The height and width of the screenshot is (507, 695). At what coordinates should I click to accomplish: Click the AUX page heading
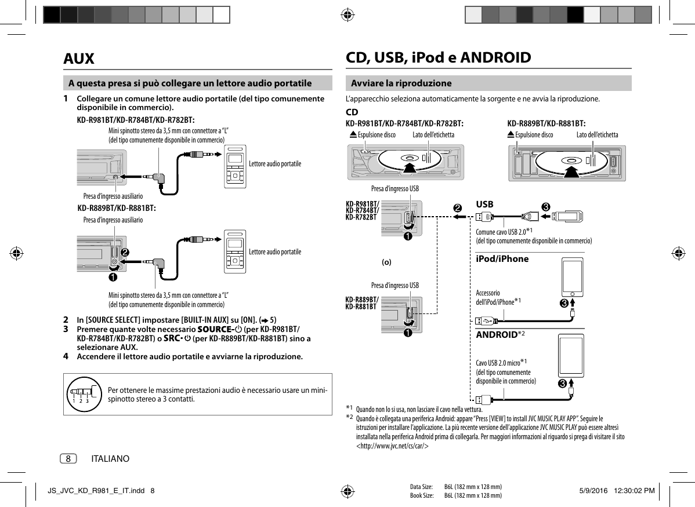coord(79,59)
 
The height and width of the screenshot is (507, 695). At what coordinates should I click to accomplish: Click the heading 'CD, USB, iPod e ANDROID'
coord(438,58)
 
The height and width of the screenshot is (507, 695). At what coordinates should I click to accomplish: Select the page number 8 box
coord(68,459)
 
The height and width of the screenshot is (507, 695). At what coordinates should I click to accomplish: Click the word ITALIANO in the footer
coord(110,459)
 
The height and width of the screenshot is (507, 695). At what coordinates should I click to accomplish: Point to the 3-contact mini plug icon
coord(81,392)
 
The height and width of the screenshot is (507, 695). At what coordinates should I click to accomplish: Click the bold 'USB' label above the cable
coord(484,205)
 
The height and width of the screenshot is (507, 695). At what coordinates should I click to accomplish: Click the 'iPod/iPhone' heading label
coord(502,259)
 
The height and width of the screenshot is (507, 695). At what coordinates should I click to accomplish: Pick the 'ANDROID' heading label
coord(497,335)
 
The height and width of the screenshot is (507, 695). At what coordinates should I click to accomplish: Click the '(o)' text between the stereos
coord(386,262)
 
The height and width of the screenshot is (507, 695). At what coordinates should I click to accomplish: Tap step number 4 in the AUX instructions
coord(66,356)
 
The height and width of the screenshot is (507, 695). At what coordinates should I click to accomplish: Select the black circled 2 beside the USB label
coord(458,207)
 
